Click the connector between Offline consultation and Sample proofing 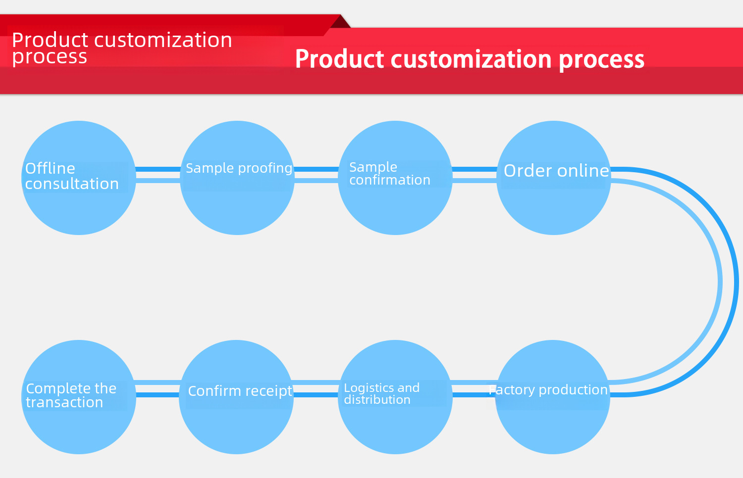158,175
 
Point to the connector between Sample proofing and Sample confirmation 316,175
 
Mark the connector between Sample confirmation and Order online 474,175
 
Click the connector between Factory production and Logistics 474,389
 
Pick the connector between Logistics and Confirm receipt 316,389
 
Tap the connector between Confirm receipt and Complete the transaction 157,389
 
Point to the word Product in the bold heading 339,59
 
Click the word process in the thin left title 50,57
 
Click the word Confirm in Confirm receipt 214,391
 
